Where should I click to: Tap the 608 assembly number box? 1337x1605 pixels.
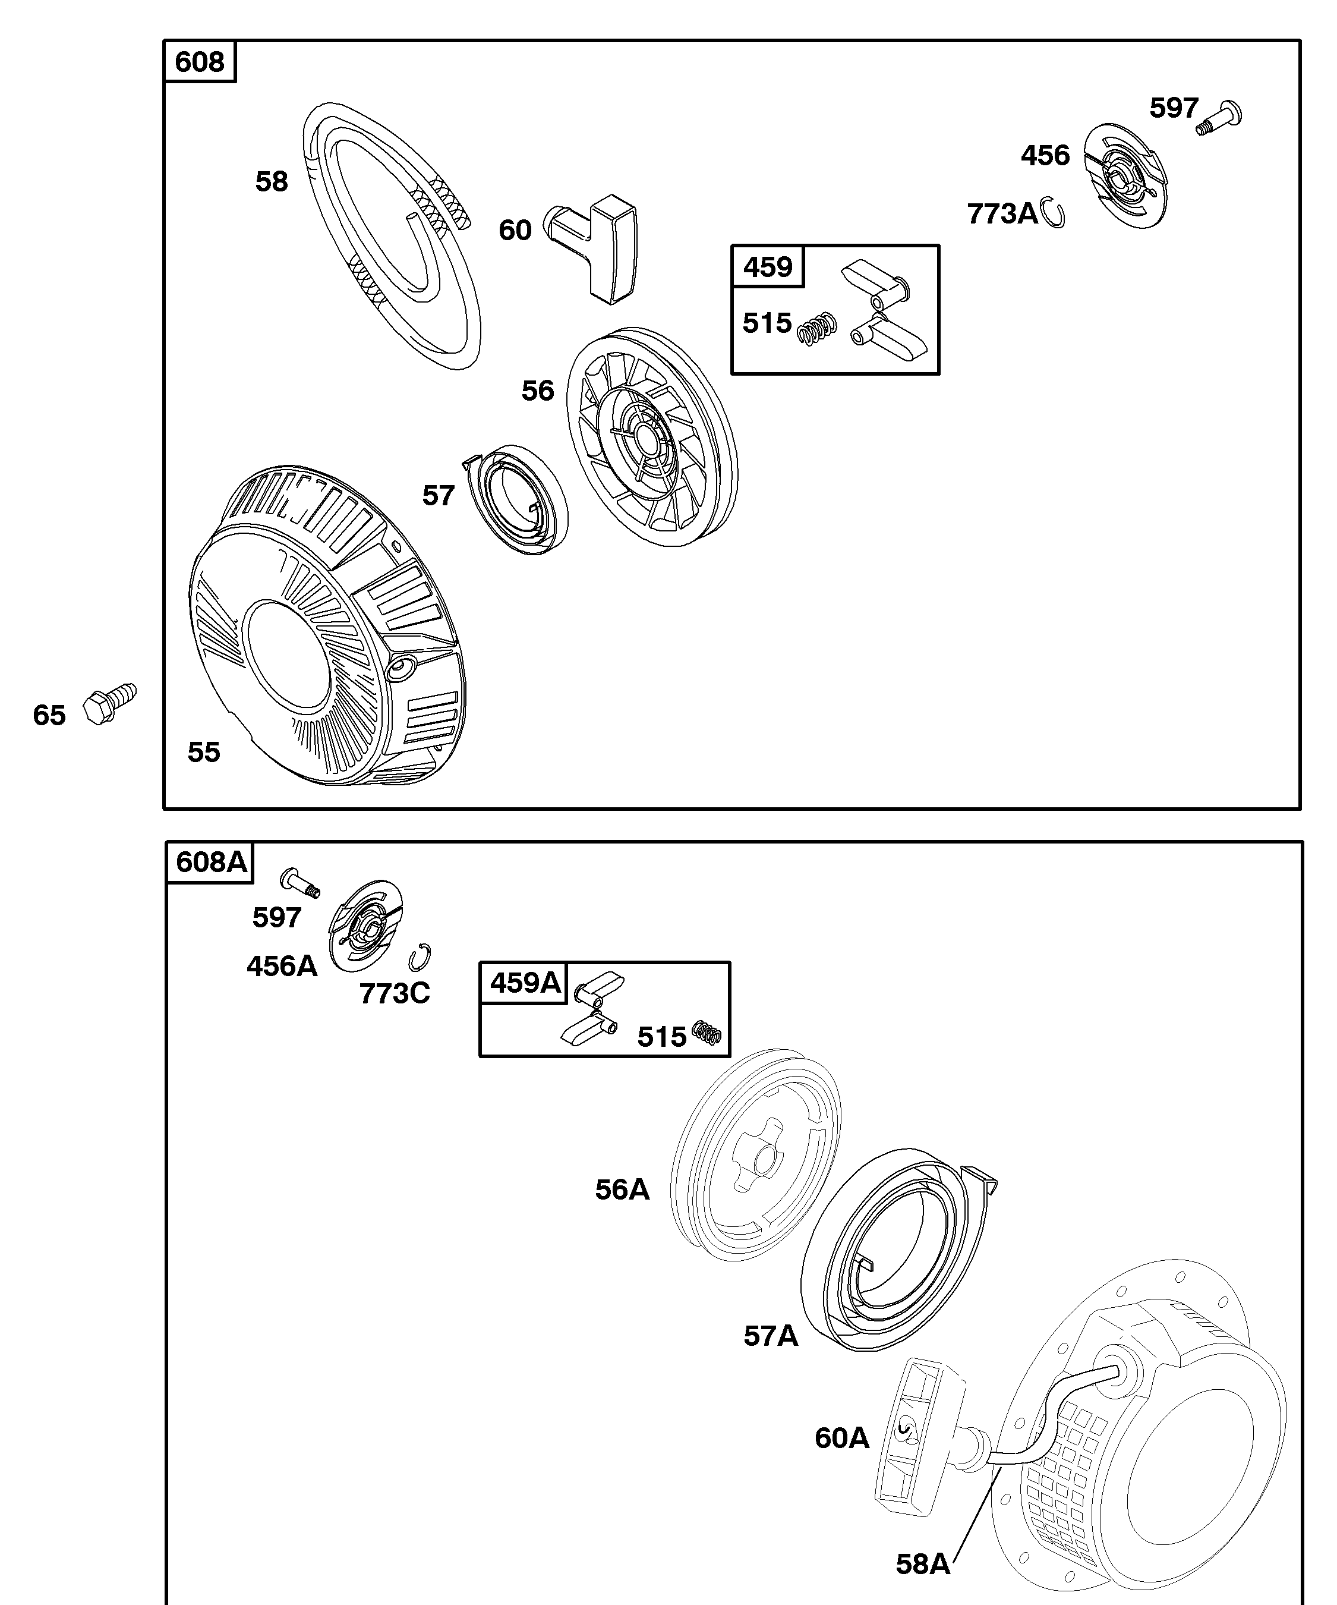(x=200, y=61)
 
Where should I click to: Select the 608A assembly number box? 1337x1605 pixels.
(x=211, y=862)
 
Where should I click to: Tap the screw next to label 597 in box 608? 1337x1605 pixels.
(x=1219, y=118)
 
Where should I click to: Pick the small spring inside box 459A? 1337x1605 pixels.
(x=707, y=1033)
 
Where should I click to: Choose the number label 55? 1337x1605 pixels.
(x=204, y=752)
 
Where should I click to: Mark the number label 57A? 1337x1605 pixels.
(x=771, y=1336)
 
